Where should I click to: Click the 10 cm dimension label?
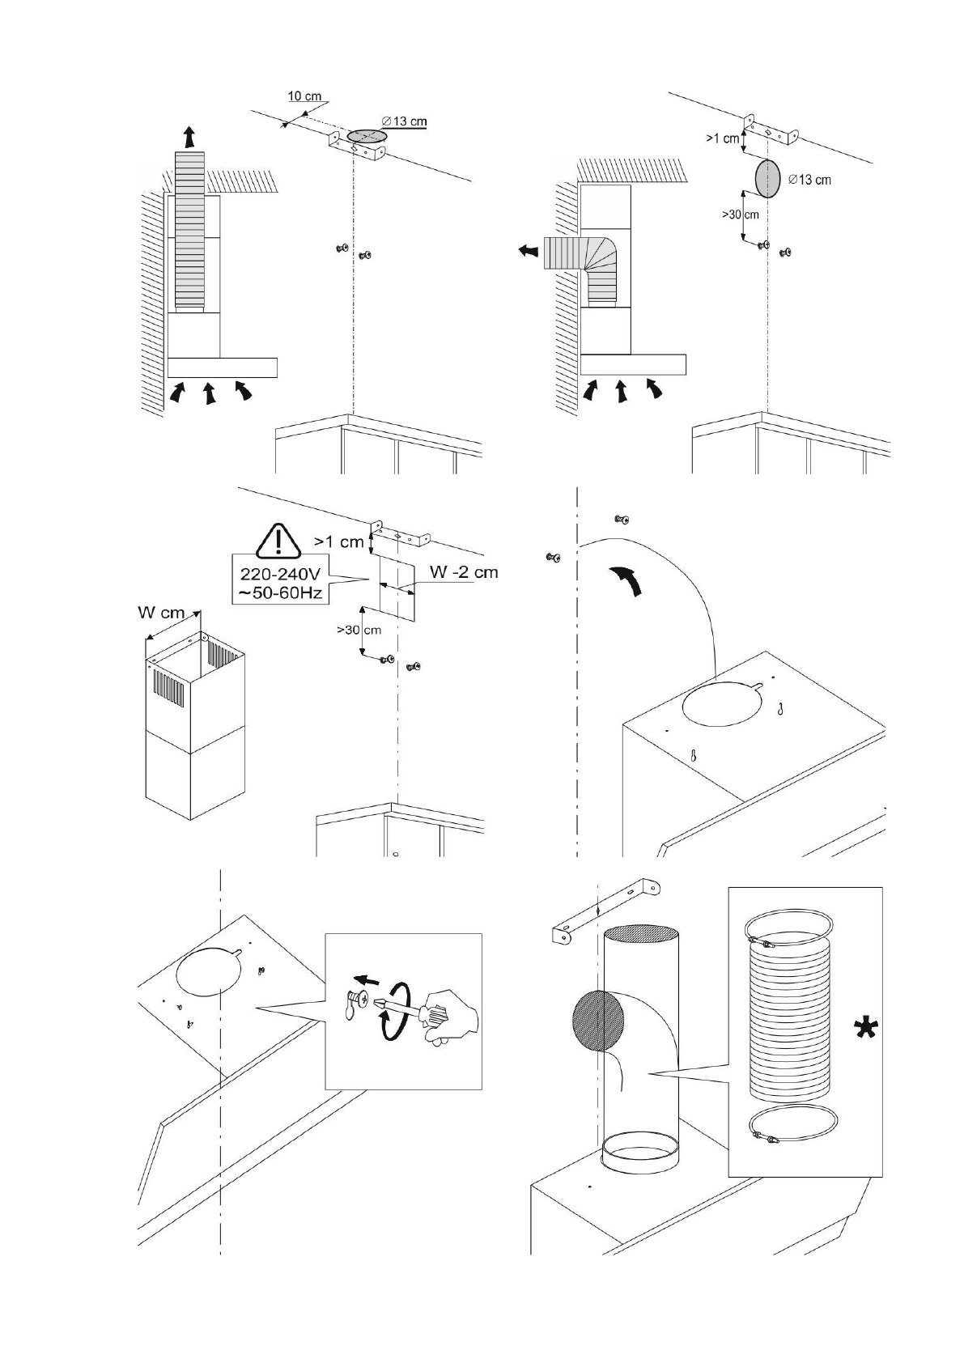(304, 96)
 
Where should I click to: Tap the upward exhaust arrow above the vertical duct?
(189, 137)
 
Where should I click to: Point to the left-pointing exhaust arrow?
(528, 251)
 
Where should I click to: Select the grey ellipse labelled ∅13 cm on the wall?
(768, 178)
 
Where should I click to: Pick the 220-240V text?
(278, 574)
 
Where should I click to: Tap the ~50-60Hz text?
(278, 593)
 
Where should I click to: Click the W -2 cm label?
(463, 572)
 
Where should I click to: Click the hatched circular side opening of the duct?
(600, 1021)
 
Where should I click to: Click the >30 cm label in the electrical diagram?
(359, 629)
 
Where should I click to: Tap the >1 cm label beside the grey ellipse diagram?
(722, 138)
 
